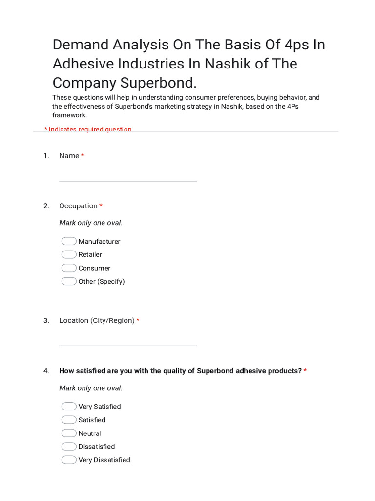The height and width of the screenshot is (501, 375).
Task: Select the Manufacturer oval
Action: [x=69, y=241]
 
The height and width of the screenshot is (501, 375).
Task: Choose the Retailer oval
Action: [x=69, y=254]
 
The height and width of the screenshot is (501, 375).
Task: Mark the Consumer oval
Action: [x=69, y=268]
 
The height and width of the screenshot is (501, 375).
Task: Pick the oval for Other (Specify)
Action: [x=69, y=281]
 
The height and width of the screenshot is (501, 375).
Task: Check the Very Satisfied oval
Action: [x=69, y=407]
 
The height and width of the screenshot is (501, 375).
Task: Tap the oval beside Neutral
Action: [x=69, y=433]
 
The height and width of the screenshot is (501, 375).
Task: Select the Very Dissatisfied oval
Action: [x=69, y=460]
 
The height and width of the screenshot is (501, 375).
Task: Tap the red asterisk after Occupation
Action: [x=101, y=206]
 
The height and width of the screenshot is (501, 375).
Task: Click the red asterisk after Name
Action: [x=83, y=156]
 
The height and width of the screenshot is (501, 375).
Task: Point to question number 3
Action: [x=46, y=321]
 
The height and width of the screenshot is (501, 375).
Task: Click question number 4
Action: [x=46, y=371]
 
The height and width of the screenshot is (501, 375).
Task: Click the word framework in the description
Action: [x=69, y=115]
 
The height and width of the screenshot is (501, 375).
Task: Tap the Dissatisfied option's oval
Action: [x=69, y=447]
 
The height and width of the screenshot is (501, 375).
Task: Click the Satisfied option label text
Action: [x=92, y=420]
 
